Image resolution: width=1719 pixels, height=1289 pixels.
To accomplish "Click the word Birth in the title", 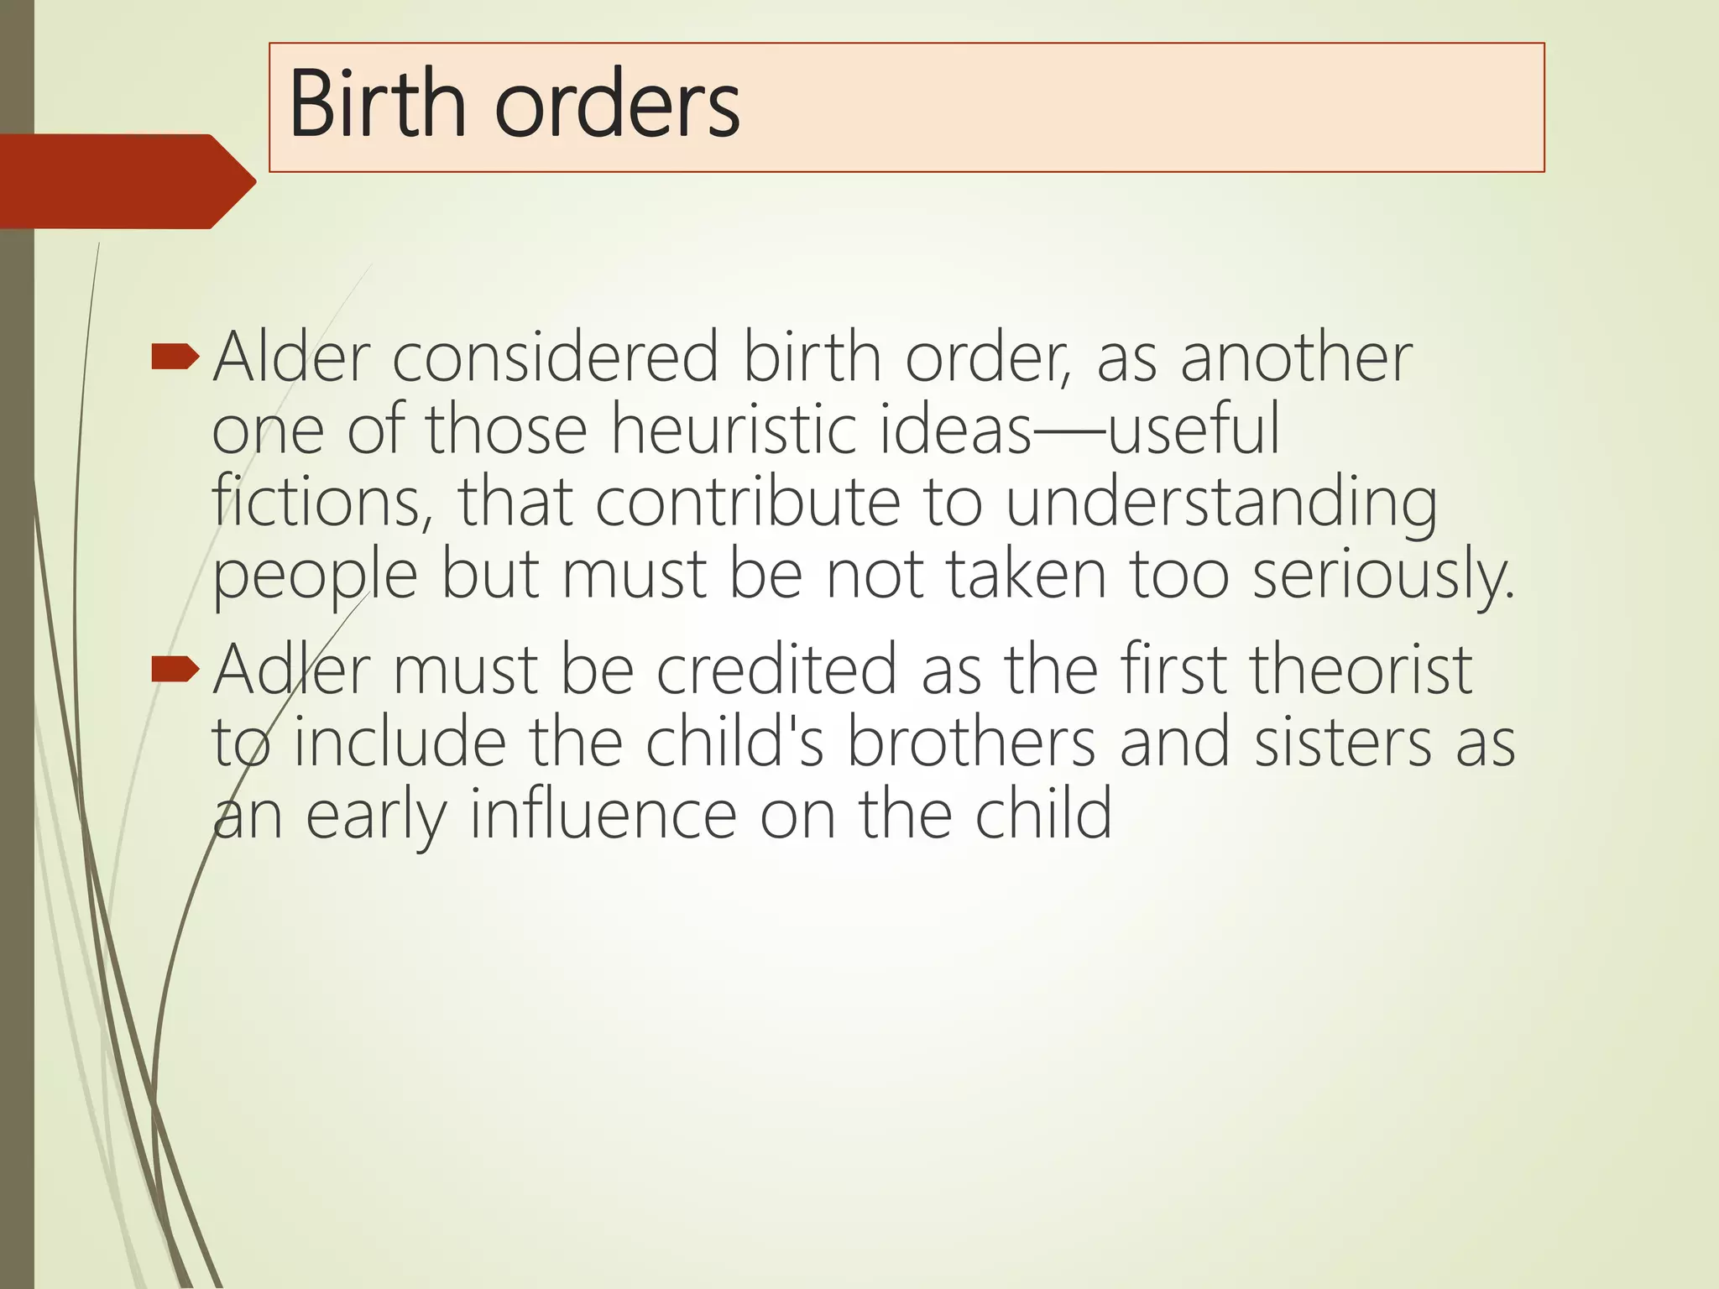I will tap(377, 105).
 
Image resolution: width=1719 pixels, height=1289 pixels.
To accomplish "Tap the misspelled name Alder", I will tap(291, 357).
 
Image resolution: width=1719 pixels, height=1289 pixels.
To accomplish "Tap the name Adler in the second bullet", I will tap(291, 670).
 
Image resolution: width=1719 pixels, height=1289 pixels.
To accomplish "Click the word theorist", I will tap(1360, 670).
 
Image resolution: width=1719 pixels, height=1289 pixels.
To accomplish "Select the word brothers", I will tap(970, 742).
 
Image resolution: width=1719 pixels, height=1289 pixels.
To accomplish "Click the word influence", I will tap(603, 814).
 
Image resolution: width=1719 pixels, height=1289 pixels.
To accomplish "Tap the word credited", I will tap(776, 670).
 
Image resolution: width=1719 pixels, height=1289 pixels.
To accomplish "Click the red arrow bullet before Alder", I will tap(175, 359).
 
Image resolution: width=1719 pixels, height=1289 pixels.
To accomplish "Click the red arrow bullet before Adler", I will tap(175, 670).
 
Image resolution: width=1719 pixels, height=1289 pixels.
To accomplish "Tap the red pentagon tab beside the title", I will tap(126, 181).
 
